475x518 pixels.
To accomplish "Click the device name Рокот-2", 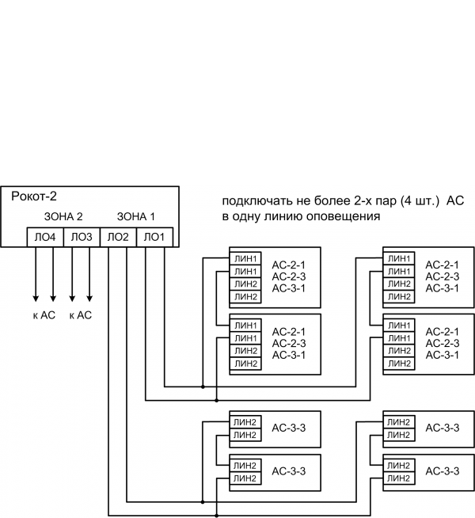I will [34, 196].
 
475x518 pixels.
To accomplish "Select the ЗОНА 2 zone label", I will [63, 215].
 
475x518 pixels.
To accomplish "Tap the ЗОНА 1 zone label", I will [135, 215].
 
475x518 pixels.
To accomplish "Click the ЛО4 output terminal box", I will [44, 237].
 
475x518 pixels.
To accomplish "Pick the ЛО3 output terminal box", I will [81, 237].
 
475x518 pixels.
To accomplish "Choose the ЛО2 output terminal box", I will [117, 237].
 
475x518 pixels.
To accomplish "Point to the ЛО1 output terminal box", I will [154, 237].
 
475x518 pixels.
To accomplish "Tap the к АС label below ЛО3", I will [81, 315].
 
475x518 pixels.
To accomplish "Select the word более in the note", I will [323, 201].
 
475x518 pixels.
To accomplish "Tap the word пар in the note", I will [383, 201].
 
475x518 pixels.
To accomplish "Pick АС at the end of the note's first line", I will [455, 201].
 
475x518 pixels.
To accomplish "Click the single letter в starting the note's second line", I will [225, 215].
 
